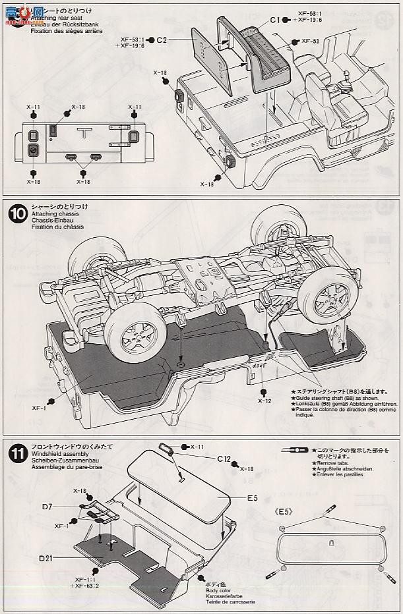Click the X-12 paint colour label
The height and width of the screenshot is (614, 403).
pos(264,401)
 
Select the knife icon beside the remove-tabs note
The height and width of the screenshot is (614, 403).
pos(294,449)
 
